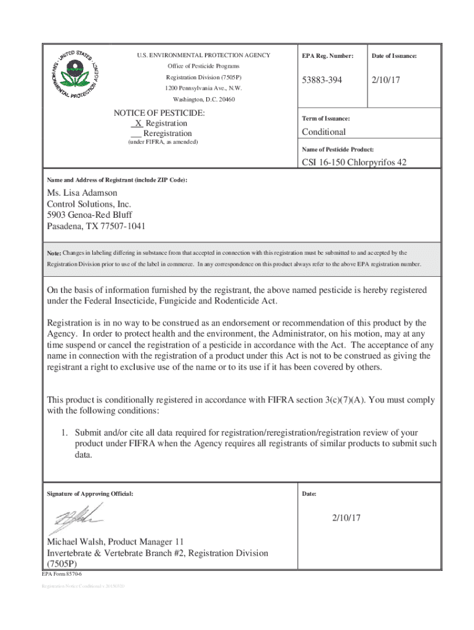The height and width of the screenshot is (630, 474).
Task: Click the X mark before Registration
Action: (139, 123)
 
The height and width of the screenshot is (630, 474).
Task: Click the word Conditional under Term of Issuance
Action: (323, 132)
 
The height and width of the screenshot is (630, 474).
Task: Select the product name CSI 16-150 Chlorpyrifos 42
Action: (354, 162)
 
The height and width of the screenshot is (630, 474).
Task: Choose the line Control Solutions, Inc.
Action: (89, 204)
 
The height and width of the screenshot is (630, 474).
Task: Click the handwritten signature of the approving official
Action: (75, 518)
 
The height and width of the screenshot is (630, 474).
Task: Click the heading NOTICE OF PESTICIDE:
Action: (159, 113)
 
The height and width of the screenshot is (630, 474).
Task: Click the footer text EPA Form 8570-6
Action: (62, 573)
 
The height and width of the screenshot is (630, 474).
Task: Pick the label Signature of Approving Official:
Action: (90, 494)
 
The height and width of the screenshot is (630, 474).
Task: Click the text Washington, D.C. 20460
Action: (203, 100)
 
